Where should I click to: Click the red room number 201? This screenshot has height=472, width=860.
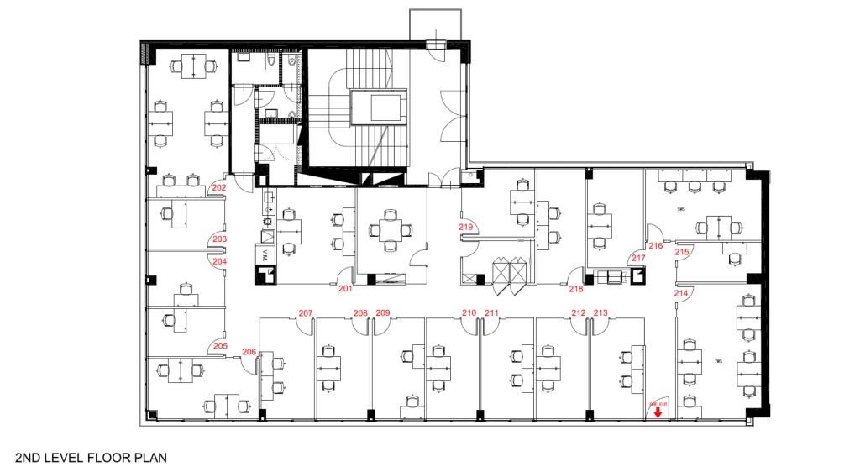(345, 289)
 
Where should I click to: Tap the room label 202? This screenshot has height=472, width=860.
(219, 188)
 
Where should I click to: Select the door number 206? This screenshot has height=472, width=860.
(249, 352)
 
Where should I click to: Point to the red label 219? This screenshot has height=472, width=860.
(466, 228)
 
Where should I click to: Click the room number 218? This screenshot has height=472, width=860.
(576, 289)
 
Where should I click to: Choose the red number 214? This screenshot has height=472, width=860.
(681, 293)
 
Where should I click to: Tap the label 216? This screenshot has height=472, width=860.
(657, 246)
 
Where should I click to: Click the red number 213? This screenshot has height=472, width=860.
(600, 313)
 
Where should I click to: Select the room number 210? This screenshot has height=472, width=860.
(469, 313)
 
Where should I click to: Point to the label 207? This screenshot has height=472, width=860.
(306, 313)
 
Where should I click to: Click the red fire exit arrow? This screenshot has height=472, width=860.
(658, 412)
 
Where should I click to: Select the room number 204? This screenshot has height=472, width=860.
(219, 261)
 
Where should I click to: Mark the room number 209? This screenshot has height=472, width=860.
(383, 313)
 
